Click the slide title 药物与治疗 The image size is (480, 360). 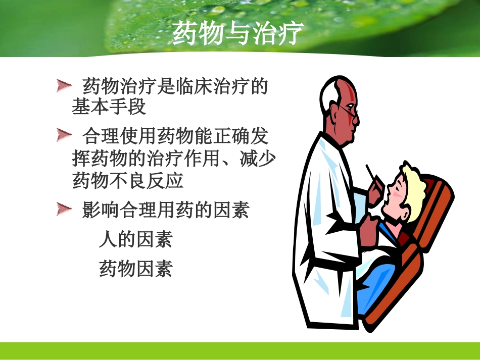click(237, 34)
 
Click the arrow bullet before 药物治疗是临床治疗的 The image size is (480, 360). click(64, 86)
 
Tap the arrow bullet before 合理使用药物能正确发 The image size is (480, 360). click(64, 135)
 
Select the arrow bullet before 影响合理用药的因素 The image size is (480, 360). click(64, 209)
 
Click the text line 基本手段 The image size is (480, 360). click(109, 107)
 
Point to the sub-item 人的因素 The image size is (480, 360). click(135, 239)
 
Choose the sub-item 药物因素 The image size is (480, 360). click(135, 268)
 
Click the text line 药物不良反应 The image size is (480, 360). click(128, 180)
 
